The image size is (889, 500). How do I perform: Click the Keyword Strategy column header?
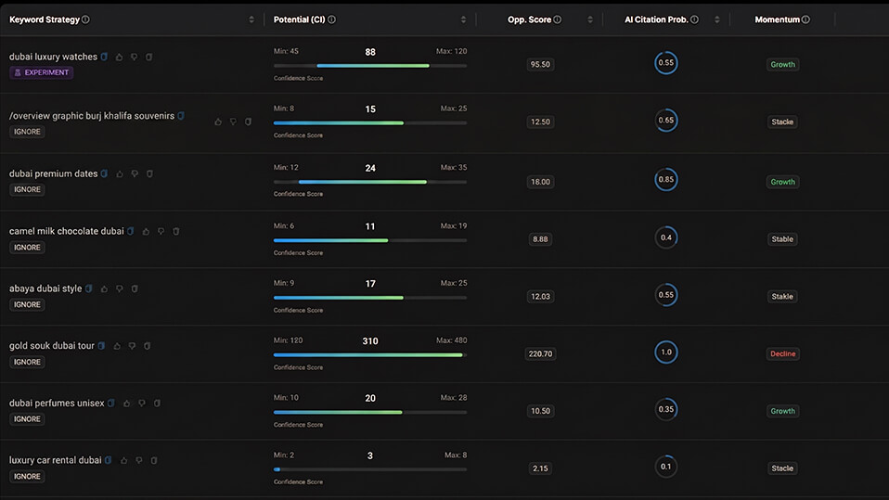[x=44, y=19]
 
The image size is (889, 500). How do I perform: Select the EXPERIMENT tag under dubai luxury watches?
[x=41, y=72]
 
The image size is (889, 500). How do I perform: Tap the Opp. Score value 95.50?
[x=539, y=65]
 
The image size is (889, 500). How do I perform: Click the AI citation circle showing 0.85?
[x=665, y=179]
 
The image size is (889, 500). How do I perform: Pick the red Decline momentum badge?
[x=782, y=353]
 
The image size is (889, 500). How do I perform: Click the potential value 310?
[x=370, y=341]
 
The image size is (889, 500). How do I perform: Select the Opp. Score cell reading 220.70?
[x=539, y=353]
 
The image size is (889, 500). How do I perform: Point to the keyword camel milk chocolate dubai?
[x=66, y=231]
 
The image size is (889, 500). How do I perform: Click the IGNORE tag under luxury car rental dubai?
[x=27, y=477]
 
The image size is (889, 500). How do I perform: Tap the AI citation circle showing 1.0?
[x=665, y=353]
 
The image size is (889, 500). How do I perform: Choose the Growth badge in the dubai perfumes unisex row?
[x=782, y=411]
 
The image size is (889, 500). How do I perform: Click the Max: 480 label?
[x=452, y=340]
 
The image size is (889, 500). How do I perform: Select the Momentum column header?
[x=777, y=19]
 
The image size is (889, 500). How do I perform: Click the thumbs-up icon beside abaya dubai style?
[x=104, y=289]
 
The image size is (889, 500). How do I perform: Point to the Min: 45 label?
[x=286, y=52]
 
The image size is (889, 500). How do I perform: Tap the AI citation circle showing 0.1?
[x=665, y=467]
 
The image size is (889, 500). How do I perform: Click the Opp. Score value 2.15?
[x=539, y=468]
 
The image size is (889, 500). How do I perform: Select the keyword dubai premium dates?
[x=53, y=173]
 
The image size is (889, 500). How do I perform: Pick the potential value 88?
[x=370, y=52]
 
